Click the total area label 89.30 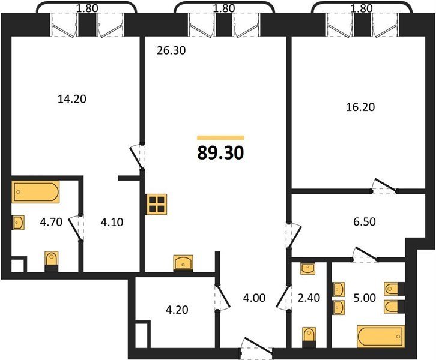click(220, 153)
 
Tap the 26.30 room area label click(171, 50)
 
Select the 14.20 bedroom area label click(72, 99)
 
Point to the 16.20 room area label click(360, 107)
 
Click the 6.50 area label click(365, 221)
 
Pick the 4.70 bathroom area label click(51, 222)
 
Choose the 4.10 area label click(112, 222)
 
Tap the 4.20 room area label click(177, 310)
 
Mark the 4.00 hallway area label click(254, 298)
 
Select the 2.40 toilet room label click(309, 298)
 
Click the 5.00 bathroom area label click(365, 298)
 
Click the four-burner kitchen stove click(157, 204)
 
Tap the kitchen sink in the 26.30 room click(183, 263)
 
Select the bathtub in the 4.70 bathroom click(35, 192)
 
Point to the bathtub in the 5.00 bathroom click(381, 336)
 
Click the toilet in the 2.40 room click(309, 337)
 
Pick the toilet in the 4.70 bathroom click(52, 261)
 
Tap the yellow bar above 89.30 click(220, 137)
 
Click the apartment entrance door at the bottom click(256, 348)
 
